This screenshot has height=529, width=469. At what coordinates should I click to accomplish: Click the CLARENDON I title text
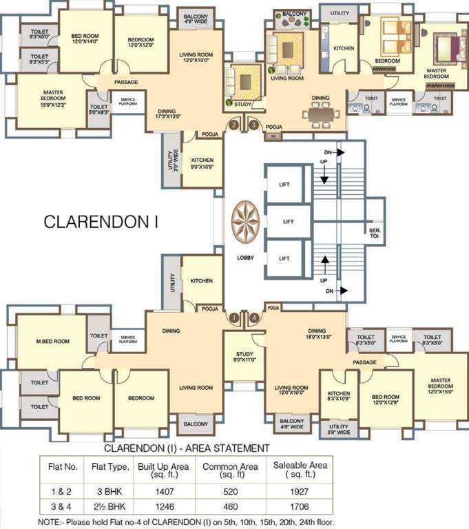point(101,222)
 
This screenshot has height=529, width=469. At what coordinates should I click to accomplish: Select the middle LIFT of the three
point(284,222)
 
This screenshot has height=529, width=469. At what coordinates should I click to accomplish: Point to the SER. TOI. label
point(375,234)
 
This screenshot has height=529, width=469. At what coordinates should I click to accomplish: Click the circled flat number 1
point(235,318)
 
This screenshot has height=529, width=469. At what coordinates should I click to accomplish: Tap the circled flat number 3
point(253,125)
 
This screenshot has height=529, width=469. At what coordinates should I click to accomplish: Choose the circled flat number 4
point(254,318)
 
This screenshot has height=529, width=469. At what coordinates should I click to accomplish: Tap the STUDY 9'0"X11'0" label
point(244,356)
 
